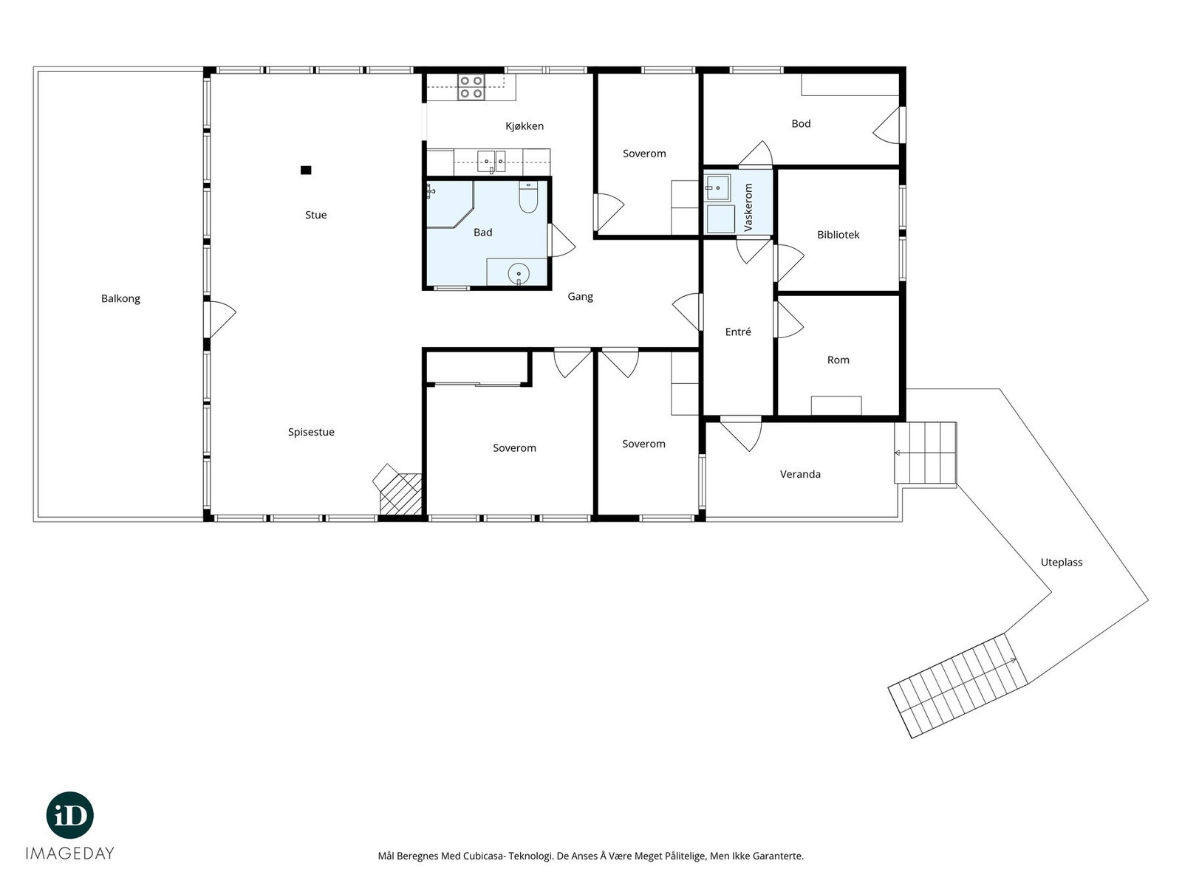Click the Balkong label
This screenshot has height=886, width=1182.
click(x=120, y=299)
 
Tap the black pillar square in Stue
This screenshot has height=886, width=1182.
click(x=306, y=170)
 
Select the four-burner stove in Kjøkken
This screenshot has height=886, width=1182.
click(x=471, y=87)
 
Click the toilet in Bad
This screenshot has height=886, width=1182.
click(x=527, y=199)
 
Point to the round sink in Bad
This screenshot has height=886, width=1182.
click(x=519, y=274)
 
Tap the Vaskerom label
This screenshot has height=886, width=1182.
click(x=748, y=207)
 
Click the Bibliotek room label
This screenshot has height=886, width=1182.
click(x=838, y=235)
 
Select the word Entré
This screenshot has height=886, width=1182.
click(x=738, y=332)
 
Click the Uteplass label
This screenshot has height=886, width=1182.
click(x=1061, y=563)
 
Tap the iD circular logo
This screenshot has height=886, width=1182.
click(x=70, y=815)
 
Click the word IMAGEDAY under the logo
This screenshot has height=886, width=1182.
click(x=70, y=854)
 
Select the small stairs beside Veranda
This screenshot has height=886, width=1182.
click(x=925, y=452)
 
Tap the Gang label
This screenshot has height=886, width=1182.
click(x=580, y=297)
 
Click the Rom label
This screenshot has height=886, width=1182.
click(x=838, y=360)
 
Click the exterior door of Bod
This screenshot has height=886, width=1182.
click(x=889, y=126)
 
